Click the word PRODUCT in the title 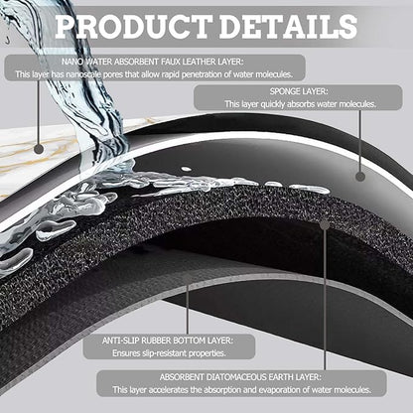tap(133, 27)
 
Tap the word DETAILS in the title tap(288, 27)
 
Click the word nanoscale tap(83, 74)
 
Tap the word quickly tap(273, 104)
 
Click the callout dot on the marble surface tap(39, 149)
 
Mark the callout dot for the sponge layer tap(360, 177)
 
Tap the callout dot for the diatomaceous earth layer tap(325, 225)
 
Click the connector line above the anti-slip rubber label tap(188, 305)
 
